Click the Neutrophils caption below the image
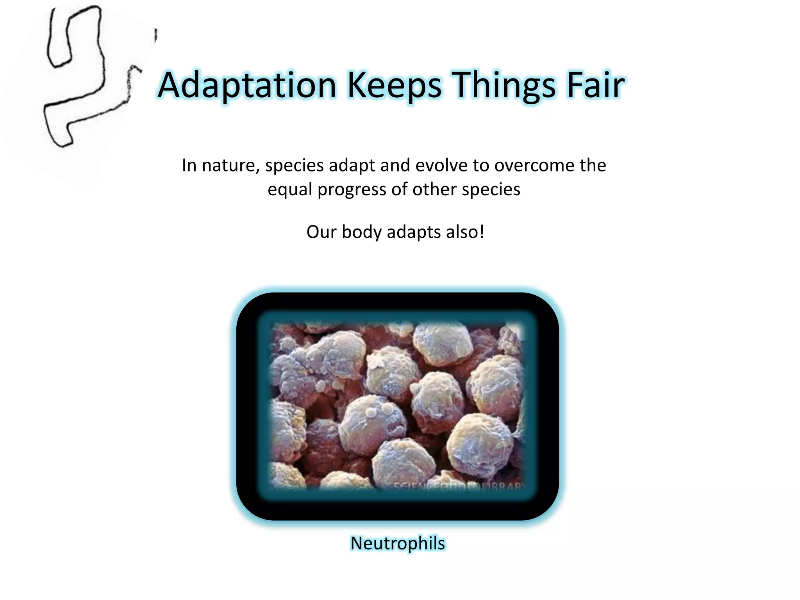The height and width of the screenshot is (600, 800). coord(397,543)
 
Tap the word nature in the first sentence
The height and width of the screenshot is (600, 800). coord(230,166)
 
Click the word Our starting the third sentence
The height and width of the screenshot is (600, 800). coord(321,232)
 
